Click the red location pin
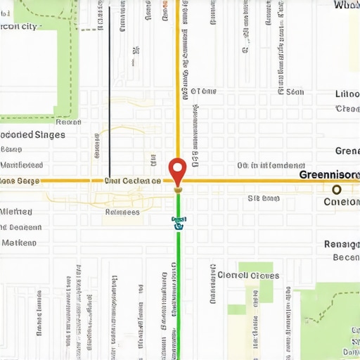[177, 169]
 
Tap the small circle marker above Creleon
[337, 189]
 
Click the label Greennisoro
[329, 174]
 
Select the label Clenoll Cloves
[248, 275]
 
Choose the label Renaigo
[342, 244]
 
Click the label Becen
[345, 257]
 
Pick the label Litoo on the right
[347, 94]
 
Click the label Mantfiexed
[21, 165]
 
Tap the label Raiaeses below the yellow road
[122, 211]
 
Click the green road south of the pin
[178, 281]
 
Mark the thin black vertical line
[110, 91]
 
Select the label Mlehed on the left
[15, 212]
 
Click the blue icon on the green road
[178, 223]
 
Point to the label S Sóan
[264, 198]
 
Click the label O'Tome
[204, 91]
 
